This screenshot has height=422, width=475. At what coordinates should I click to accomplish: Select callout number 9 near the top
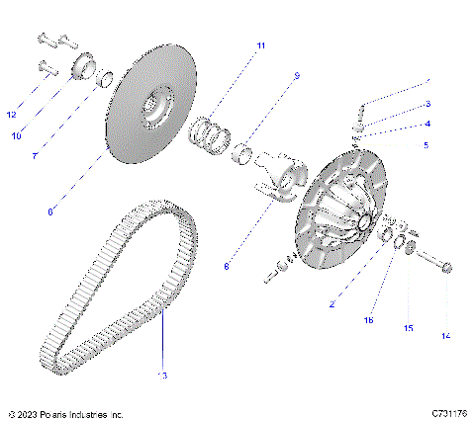[x=295, y=75]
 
